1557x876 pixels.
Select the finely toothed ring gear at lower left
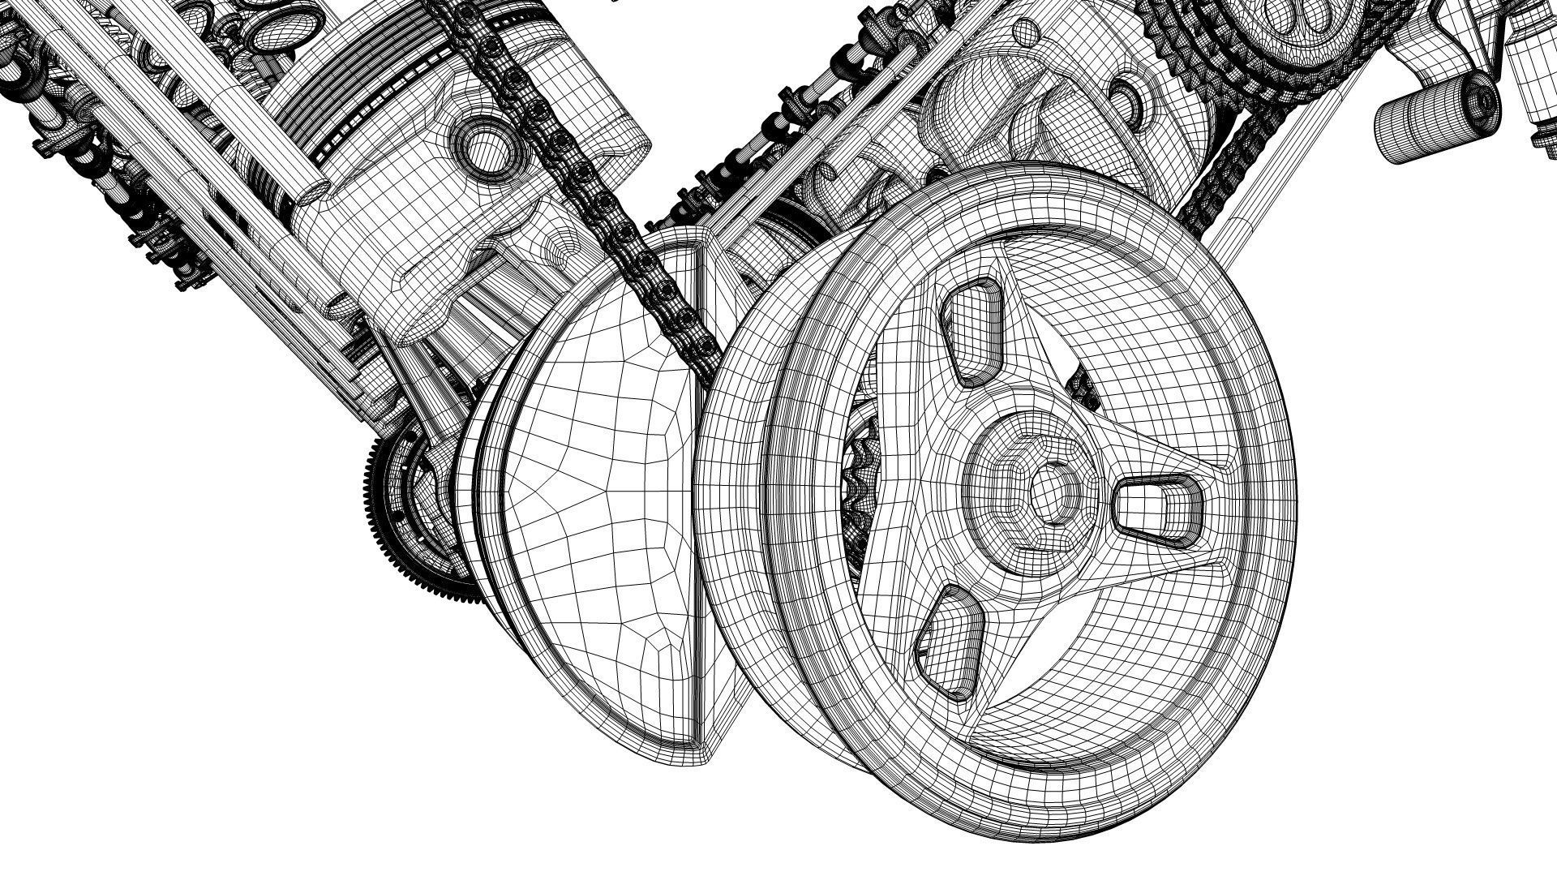click(x=397, y=519)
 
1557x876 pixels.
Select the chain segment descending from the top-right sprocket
click(x=1216, y=178)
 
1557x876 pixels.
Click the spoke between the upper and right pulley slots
click(x=1079, y=381)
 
